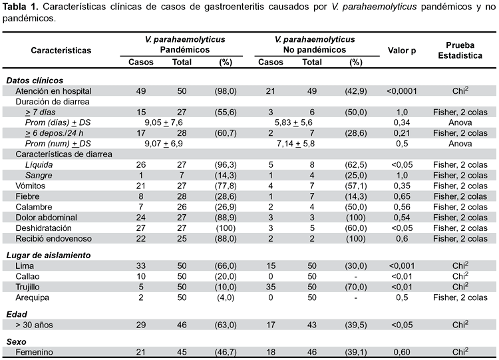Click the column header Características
pos(61,51)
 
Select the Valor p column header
pos(402,51)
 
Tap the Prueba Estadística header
pos(460,51)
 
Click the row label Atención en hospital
pos(53,91)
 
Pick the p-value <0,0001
pos(402,91)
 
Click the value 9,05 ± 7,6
pos(164,122)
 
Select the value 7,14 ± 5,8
pos(295,144)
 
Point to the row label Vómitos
pos(31,186)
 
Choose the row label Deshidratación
pos(44,228)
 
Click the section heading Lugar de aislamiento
pos(49,256)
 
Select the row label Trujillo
pos(28,287)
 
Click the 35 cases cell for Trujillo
pos(271,287)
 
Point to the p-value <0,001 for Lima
pos(402,266)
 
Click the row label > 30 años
pos(34,325)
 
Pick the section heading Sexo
pos(16,342)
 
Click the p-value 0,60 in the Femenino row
pos(402,352)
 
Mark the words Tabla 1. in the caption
pos(20,7)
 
